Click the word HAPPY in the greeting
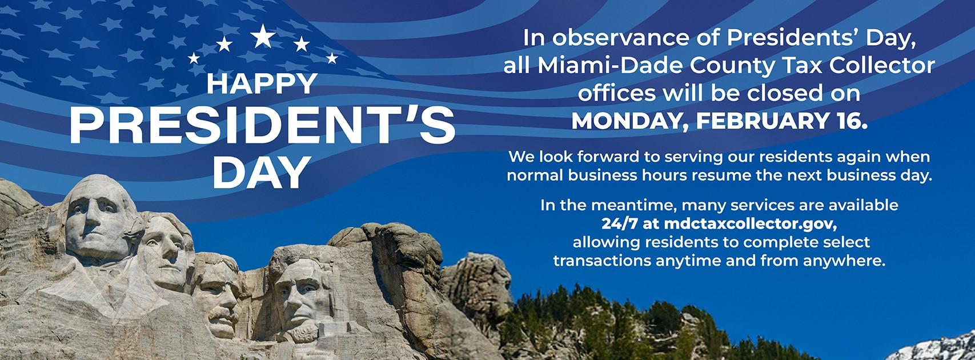pos(262,83)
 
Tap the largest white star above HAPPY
pos(263,36)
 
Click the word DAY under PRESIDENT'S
pos(262,173)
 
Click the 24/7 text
pos(619,224)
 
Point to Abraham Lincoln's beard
pos(301,333)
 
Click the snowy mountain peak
pos(936,347)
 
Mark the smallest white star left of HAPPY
pos(194,58)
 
